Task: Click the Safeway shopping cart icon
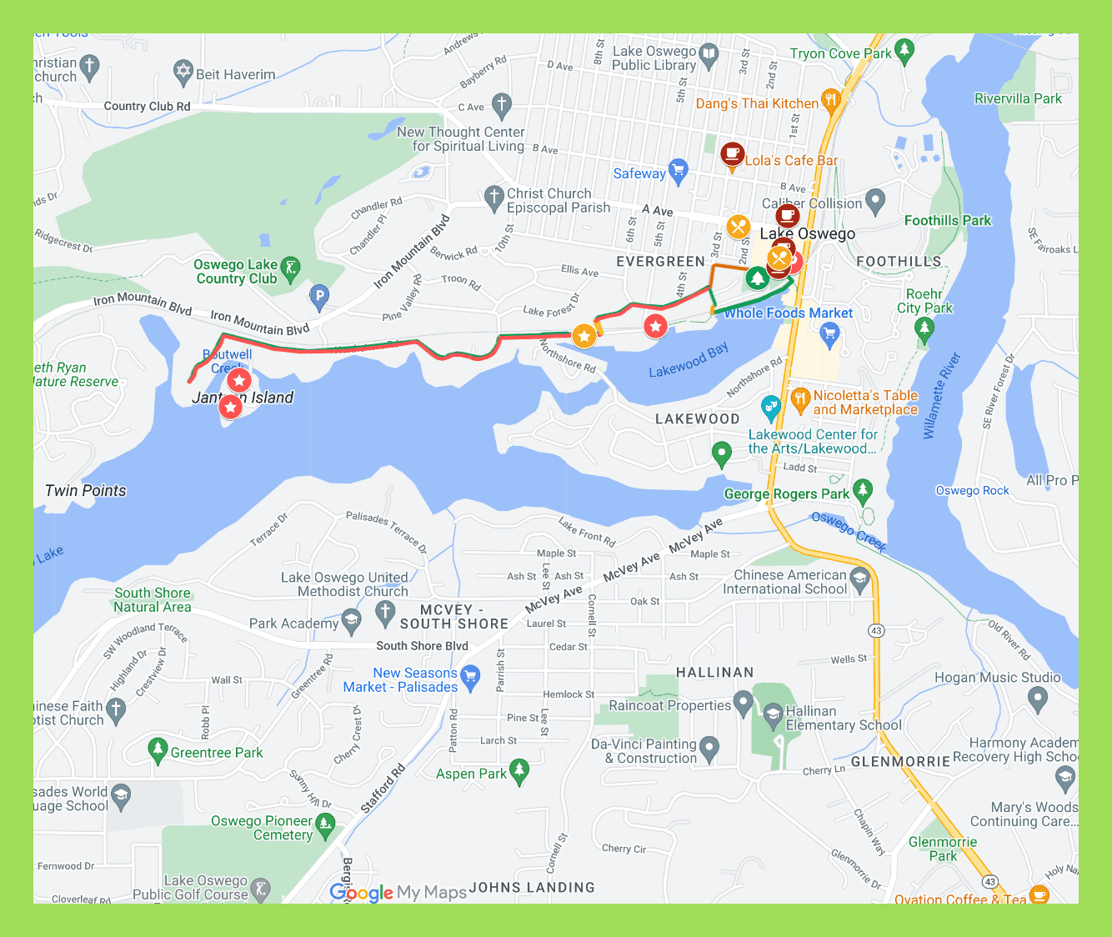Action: [x=679, y=171]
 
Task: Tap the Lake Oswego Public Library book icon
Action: [x=709, y=56]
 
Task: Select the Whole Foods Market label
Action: [x=788, y=313]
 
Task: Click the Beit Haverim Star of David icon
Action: [x=183, y=73]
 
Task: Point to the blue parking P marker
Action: [x=318, y=296]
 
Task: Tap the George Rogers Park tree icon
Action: [x=863, y=491]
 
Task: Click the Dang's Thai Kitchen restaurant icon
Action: [x=830, y=101]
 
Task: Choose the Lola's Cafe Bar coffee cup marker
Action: [x=732, y=155]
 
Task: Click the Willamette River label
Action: [x=942, y=396]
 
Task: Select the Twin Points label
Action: [x=86, y=490]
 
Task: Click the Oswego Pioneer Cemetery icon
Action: [x=325, y=825]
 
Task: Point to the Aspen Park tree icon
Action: [x=519, y=771]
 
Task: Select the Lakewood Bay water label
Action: [x=689, y=360]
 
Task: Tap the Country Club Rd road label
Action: [x=147, y=106]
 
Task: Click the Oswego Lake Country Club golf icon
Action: [x=290, y=268]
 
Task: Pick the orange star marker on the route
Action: [x=584, y=336]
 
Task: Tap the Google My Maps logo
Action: [x=398, y=892]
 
